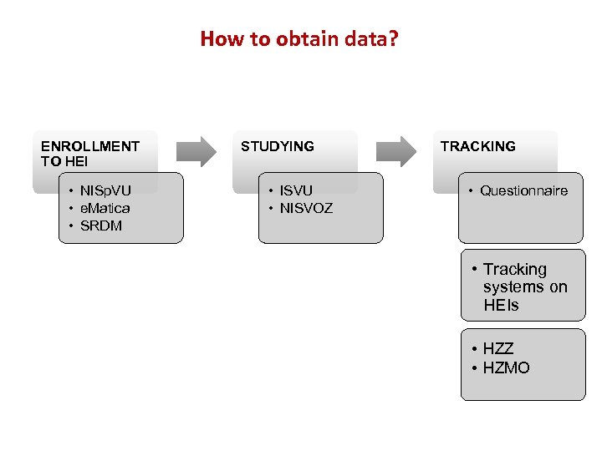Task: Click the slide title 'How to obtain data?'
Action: tap(299, 38)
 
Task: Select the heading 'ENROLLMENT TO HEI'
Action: tap(90, 154)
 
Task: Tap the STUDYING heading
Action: tap(278, 146)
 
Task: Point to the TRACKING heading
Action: tap(478, 146)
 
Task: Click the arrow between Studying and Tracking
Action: tap(395, 151)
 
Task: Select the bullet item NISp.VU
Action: tap(105, 190)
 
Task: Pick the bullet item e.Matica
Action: tap(105, 208)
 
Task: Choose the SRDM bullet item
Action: tap(100, 225)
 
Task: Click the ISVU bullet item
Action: tap(296, 190)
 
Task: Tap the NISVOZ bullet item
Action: tap(306, 208)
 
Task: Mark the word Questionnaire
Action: tap(523, 190)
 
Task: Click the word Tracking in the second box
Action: tap(515, 269)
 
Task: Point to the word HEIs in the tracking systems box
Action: tap(501, 305)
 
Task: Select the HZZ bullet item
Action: tap(498, 349)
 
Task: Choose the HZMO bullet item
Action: tap(507, 367)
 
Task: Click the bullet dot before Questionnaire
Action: tap(472, 190)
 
